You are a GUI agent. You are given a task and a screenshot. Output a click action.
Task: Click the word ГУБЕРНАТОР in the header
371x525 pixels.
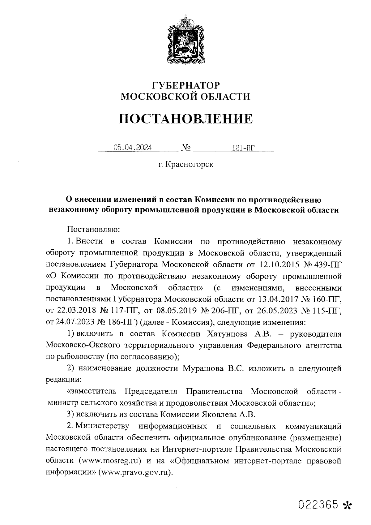click(185, 85)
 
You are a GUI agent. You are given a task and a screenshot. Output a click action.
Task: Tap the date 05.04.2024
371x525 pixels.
click(133, 148)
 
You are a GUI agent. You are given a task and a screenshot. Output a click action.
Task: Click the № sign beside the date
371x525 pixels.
click(185, 148)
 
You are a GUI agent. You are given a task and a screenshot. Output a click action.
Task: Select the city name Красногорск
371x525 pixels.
click(189, 164)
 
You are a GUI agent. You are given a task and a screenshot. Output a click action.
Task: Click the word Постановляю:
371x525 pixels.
click(93, 229)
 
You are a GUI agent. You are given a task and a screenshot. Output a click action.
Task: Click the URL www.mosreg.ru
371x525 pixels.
click(110, 461)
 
